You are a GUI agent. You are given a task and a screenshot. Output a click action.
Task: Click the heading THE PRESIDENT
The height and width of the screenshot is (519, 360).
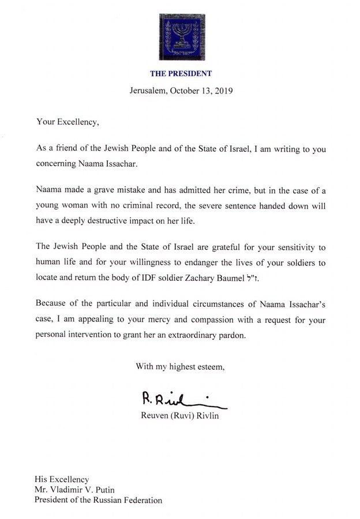[x=180, y=73]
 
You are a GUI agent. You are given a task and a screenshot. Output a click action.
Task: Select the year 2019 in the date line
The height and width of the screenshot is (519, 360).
[x=221, y=91]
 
